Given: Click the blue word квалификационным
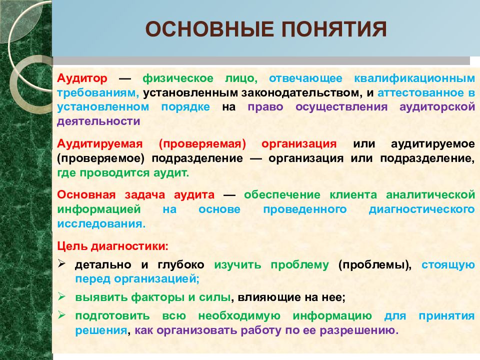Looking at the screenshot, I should click(x=414, y=78).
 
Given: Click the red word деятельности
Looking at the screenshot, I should click(x=98, y=120).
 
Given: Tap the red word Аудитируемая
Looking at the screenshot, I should click(x=100, y=144).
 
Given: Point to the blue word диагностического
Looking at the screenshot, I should click(x=421, y=209).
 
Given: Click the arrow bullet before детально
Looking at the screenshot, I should click(x=62, y=264).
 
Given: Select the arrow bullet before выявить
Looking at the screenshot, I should click(x=62, y=296).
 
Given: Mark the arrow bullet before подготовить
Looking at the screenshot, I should click(x=62, y=315).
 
